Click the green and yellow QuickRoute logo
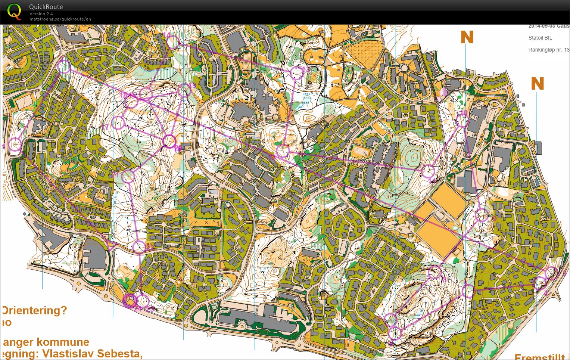(x=14, y=11)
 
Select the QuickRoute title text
(x=46, y=7)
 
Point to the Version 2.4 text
(x=41, y=14)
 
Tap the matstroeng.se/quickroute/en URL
(x=60, y=19)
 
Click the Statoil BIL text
(x=540, y=38)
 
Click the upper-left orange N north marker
(x=467, y=38)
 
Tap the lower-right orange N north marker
(x=537, y=84)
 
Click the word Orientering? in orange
(x=35, y=310)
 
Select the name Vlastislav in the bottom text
(x=68, y=353)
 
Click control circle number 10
(x=462, y=120)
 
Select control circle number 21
(x=128, y=176)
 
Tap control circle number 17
(x=118, y=123)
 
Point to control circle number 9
(x=482, y=215)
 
